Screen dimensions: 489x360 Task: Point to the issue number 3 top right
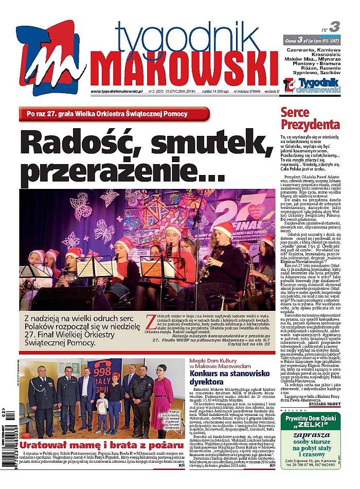334,27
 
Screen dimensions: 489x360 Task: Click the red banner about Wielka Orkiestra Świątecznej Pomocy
114,114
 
